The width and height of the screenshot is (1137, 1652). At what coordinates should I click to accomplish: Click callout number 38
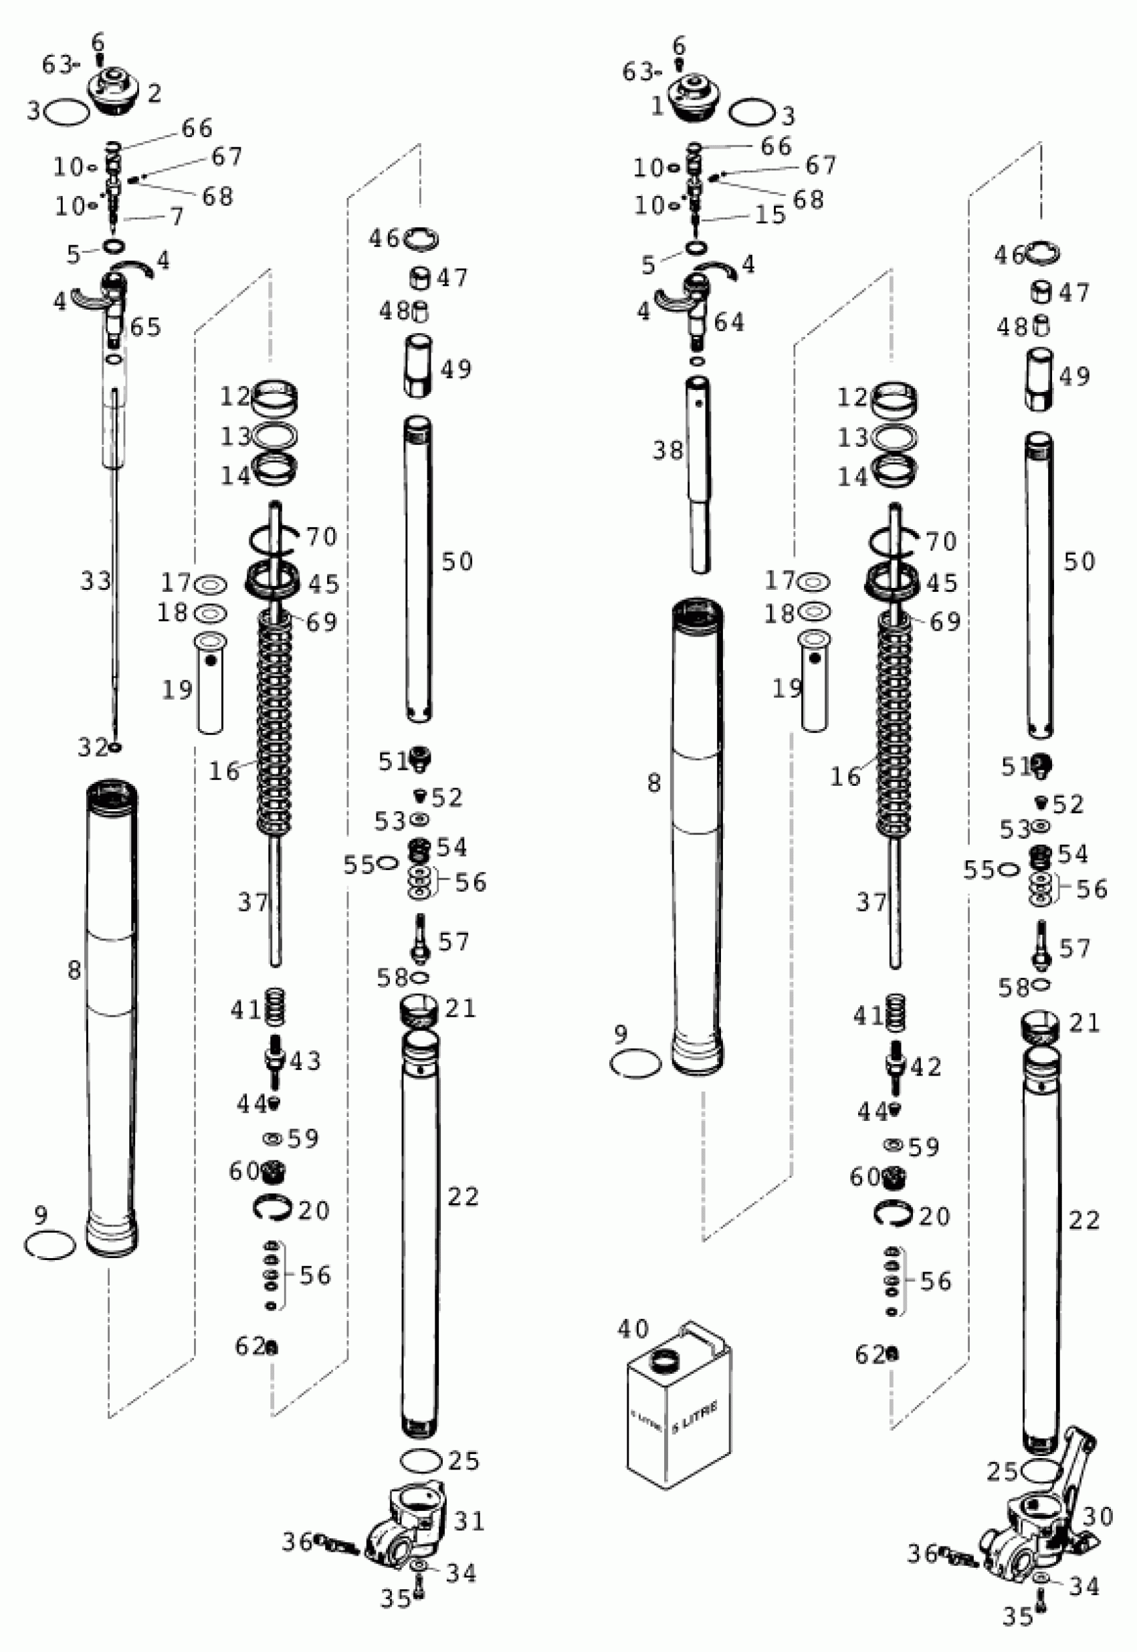coord(667,450)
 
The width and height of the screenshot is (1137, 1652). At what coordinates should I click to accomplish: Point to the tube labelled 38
coord(700,474)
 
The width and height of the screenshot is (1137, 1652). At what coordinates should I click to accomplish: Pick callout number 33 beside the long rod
coord(96,581)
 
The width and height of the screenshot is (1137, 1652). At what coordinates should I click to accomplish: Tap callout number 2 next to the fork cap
coord(154,92)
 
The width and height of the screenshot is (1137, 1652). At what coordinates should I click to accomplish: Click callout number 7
coord(176,216)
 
